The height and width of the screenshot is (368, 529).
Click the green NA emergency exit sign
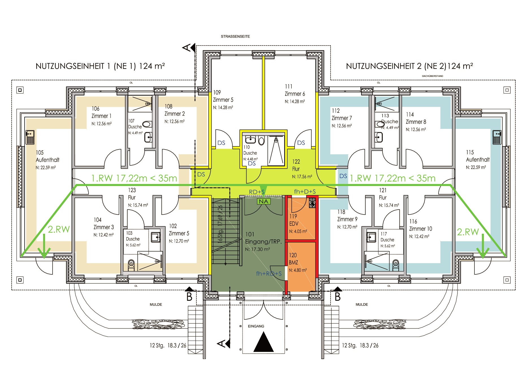point(264,202)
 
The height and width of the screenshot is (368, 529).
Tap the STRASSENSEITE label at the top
point(236,36)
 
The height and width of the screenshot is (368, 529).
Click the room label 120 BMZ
point(293,259)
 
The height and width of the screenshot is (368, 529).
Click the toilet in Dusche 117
point(396,265)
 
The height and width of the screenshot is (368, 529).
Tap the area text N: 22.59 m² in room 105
point(46,168)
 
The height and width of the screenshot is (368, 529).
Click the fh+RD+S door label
point(269,274)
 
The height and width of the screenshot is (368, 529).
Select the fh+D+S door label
point(305,192)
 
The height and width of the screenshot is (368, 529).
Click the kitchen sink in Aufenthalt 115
point(497,137)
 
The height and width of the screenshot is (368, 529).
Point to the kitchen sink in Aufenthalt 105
point(30,137)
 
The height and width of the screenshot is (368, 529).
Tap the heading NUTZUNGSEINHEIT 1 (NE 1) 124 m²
point(100,66)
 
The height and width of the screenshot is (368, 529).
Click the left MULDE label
point(156,304)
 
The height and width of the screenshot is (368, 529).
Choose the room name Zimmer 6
point(295,94)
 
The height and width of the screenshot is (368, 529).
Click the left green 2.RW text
point(59,229)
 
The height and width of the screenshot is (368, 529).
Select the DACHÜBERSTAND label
point(432,76)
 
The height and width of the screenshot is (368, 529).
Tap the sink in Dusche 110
point(251,140)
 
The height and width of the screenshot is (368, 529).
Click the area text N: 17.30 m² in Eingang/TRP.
point(257,249)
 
